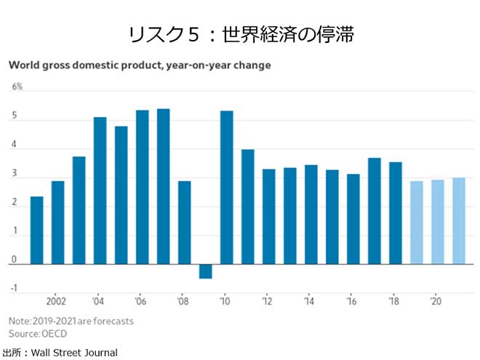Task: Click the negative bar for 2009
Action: (x=205, y=271)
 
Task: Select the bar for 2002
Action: (x=57, y=223)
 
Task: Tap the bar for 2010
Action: (x=226, y=188)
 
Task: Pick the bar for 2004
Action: (x=100, y=191)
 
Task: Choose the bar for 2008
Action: (x=184, y=223)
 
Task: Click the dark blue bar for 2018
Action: (x=395, y=213)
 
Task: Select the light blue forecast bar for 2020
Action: (x=437, y=222)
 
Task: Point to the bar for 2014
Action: (x=311, y=215)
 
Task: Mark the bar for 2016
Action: (x=353, y=219)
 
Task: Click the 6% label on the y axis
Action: (x=17, y=87)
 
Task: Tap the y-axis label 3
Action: (x=14, y=177)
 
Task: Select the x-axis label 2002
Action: (x=57, y=301)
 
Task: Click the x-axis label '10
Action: (x=226, y=301)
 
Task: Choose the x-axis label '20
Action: (x=437, y=301)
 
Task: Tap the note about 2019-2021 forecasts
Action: (x=71, y=321)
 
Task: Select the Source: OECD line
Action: (x=38, y=333)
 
